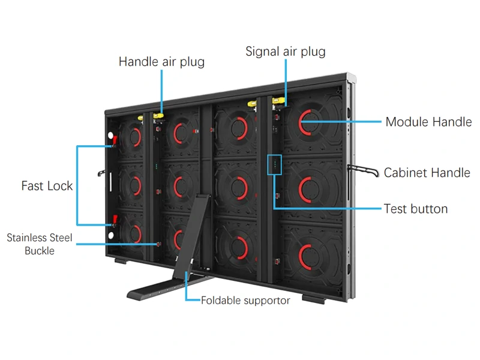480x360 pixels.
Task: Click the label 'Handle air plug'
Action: coord(161,62)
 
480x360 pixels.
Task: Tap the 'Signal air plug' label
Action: coord(285,52)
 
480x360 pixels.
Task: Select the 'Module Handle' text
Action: coord(428,122)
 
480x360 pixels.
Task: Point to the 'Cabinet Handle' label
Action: coord(427,173)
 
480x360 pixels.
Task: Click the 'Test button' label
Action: coord(416,209)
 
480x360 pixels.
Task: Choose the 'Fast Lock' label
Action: coord(47,186)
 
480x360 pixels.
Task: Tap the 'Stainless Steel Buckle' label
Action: coord(40,244)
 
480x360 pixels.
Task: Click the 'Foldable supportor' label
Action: coord(245,300)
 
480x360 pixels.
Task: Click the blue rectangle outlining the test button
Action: coord(274,164)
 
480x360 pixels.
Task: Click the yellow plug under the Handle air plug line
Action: coord(160,115)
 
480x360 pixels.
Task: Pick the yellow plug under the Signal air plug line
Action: coord(279,100)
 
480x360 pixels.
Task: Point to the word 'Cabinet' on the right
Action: coord(405,173)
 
